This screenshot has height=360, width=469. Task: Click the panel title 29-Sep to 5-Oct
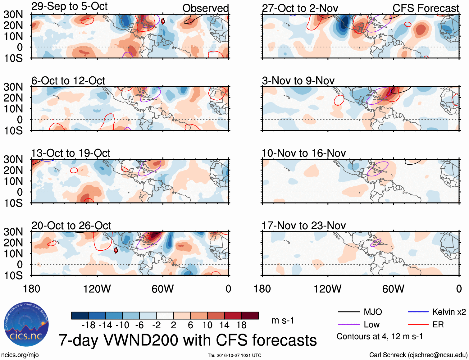69,7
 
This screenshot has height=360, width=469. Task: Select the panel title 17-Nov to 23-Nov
303,226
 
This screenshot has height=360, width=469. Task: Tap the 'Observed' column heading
205,8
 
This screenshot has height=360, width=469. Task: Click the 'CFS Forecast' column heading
426,8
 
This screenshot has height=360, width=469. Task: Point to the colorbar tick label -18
88,325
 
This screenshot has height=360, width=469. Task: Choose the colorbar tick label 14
224,325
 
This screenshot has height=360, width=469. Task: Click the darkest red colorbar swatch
250,316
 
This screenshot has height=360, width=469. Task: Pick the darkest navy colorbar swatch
80,316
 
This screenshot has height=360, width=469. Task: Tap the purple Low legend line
348,325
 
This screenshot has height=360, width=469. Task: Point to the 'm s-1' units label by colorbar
283,320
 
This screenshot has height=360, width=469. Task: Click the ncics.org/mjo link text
20,355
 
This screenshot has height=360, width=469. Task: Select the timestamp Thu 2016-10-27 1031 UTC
234,355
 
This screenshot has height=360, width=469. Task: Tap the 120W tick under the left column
97,289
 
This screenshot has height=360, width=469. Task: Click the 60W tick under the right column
393,289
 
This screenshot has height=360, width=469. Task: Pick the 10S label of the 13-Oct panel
13,203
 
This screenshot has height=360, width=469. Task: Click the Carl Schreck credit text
418,355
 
